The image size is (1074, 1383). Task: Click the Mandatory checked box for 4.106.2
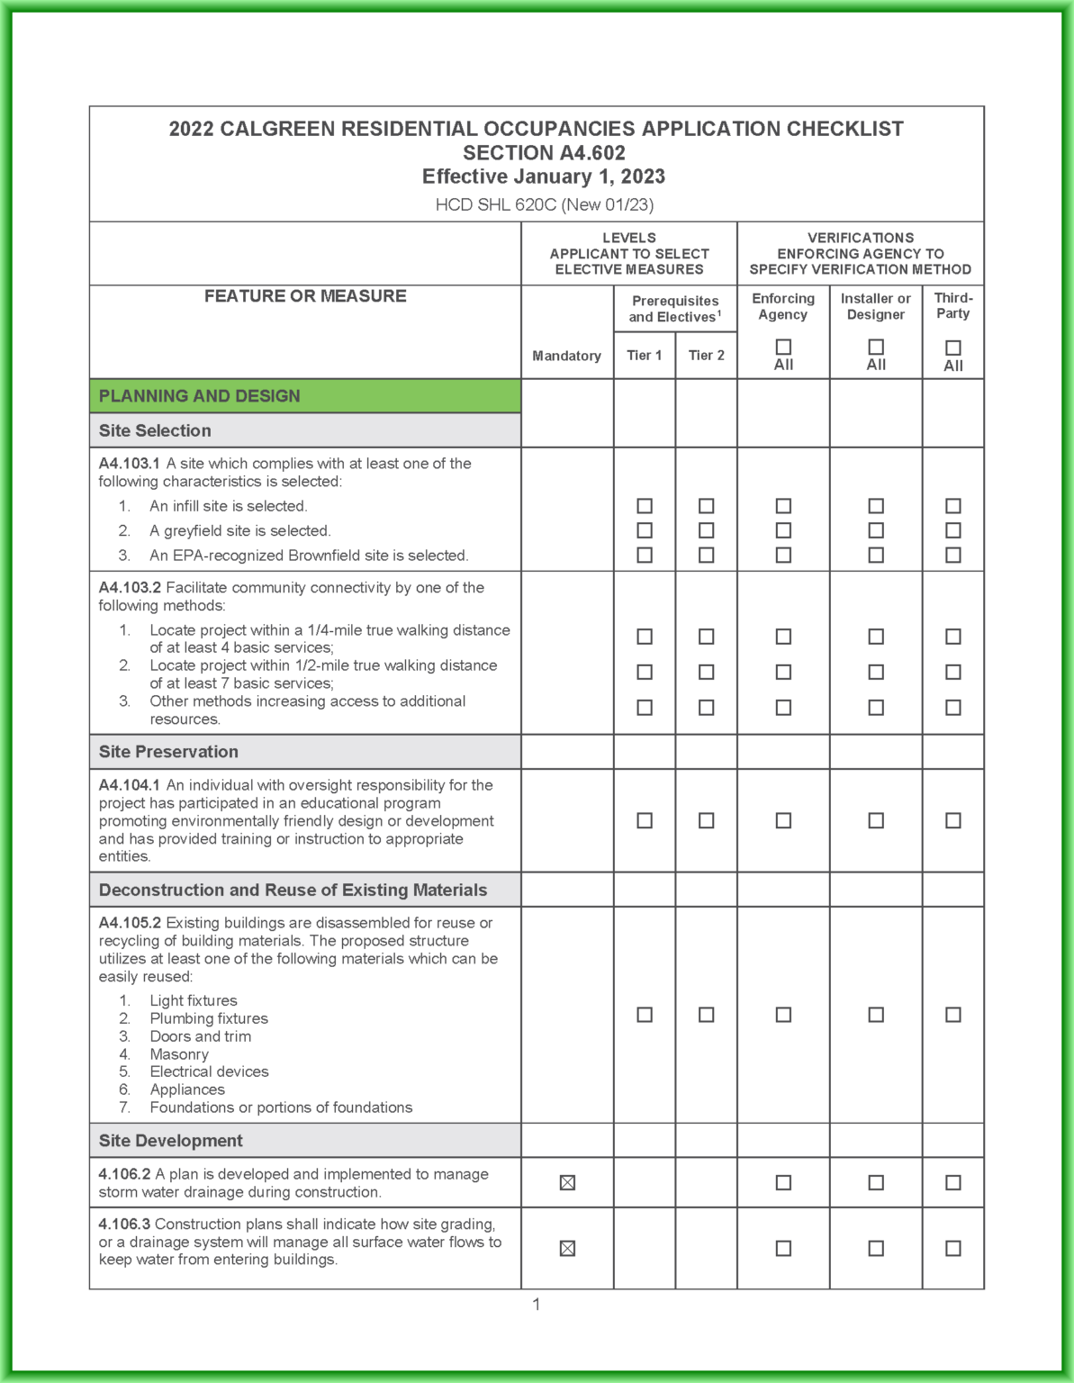click(x=567, y=1182)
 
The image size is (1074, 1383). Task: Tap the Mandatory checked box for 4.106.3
click(x=567, y=1248)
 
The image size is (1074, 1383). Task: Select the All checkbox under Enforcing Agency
click(x=783, y=348)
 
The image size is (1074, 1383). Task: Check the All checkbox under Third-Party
click(x=953, y=348)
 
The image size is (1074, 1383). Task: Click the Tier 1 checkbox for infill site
click(x=645, y=506)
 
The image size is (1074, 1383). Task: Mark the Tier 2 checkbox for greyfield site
click(x=707, y=530)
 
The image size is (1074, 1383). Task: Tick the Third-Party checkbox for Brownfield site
click(x=953, y=555)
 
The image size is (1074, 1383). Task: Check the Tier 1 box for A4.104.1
click(x=645, y=820)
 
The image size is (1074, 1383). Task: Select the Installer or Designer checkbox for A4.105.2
click(x=876, y=1015)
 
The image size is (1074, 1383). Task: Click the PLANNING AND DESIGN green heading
click(x=200, y=396)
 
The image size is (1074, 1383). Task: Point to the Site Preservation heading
click(x=168, y=752)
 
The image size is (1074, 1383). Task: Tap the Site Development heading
click(x=170, y=1141)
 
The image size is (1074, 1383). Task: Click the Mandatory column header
click(x=566, y=356)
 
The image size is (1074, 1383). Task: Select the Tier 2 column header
click(x=707, y=356)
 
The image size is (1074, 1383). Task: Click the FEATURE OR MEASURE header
click(x=305, y=296)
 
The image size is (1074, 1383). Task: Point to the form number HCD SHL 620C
click(x=544, y=204)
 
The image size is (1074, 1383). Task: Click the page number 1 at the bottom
click(x=537, y=1305)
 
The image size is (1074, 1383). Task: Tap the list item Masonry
click(x=179, y=1054)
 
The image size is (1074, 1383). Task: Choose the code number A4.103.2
click(x=130, y=588)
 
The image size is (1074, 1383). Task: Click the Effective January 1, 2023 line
click(x=544, y=176)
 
